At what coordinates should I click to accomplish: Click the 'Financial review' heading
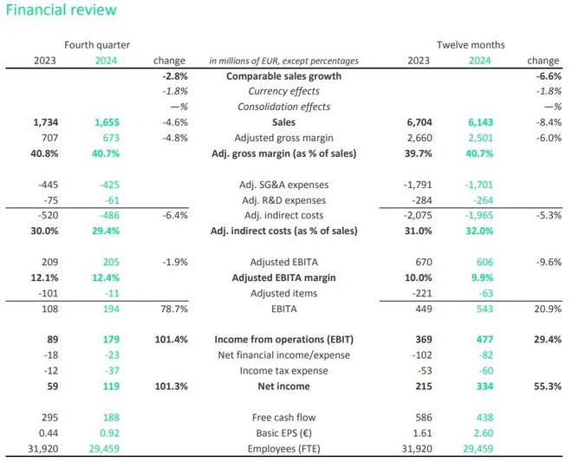pos(61,10)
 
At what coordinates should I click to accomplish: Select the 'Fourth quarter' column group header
pos(97,45)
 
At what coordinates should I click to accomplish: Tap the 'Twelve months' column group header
pos(471,45)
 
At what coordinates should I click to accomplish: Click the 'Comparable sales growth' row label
pos(283,76)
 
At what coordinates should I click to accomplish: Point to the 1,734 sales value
pos(46,122)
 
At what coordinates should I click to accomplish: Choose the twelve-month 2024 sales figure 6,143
pos(480,122)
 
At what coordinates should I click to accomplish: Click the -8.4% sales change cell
pos(549,122)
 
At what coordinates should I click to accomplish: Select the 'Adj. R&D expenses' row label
pos(283,200)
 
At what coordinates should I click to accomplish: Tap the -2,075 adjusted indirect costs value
pos(418,215)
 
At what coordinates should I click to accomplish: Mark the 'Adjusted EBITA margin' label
pos(283,277)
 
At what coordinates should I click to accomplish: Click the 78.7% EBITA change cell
pos(174,309)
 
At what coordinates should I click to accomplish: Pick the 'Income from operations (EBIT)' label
pos(283,340)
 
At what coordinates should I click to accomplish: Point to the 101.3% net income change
pos(171,386)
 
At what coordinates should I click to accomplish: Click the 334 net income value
pos(484,386)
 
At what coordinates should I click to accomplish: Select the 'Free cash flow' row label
pos(283,418)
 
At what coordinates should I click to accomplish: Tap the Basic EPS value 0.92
pos(109,433)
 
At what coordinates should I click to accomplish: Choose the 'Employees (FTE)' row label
pos(283,449)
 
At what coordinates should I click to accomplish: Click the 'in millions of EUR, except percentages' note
pos(283,61)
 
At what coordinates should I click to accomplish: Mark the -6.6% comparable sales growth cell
pos(549,76)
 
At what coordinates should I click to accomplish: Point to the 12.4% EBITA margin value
pos(106,277)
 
